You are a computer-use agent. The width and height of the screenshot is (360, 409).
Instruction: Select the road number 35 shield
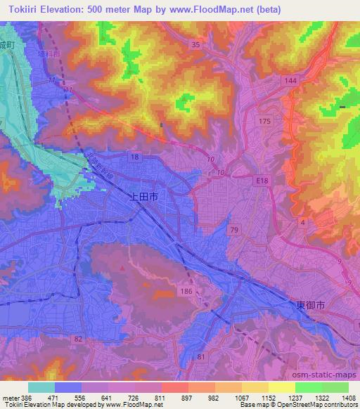[196, 44]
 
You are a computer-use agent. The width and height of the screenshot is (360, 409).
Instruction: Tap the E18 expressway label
[263, 181]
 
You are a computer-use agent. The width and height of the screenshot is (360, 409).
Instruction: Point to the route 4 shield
[302, 222]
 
